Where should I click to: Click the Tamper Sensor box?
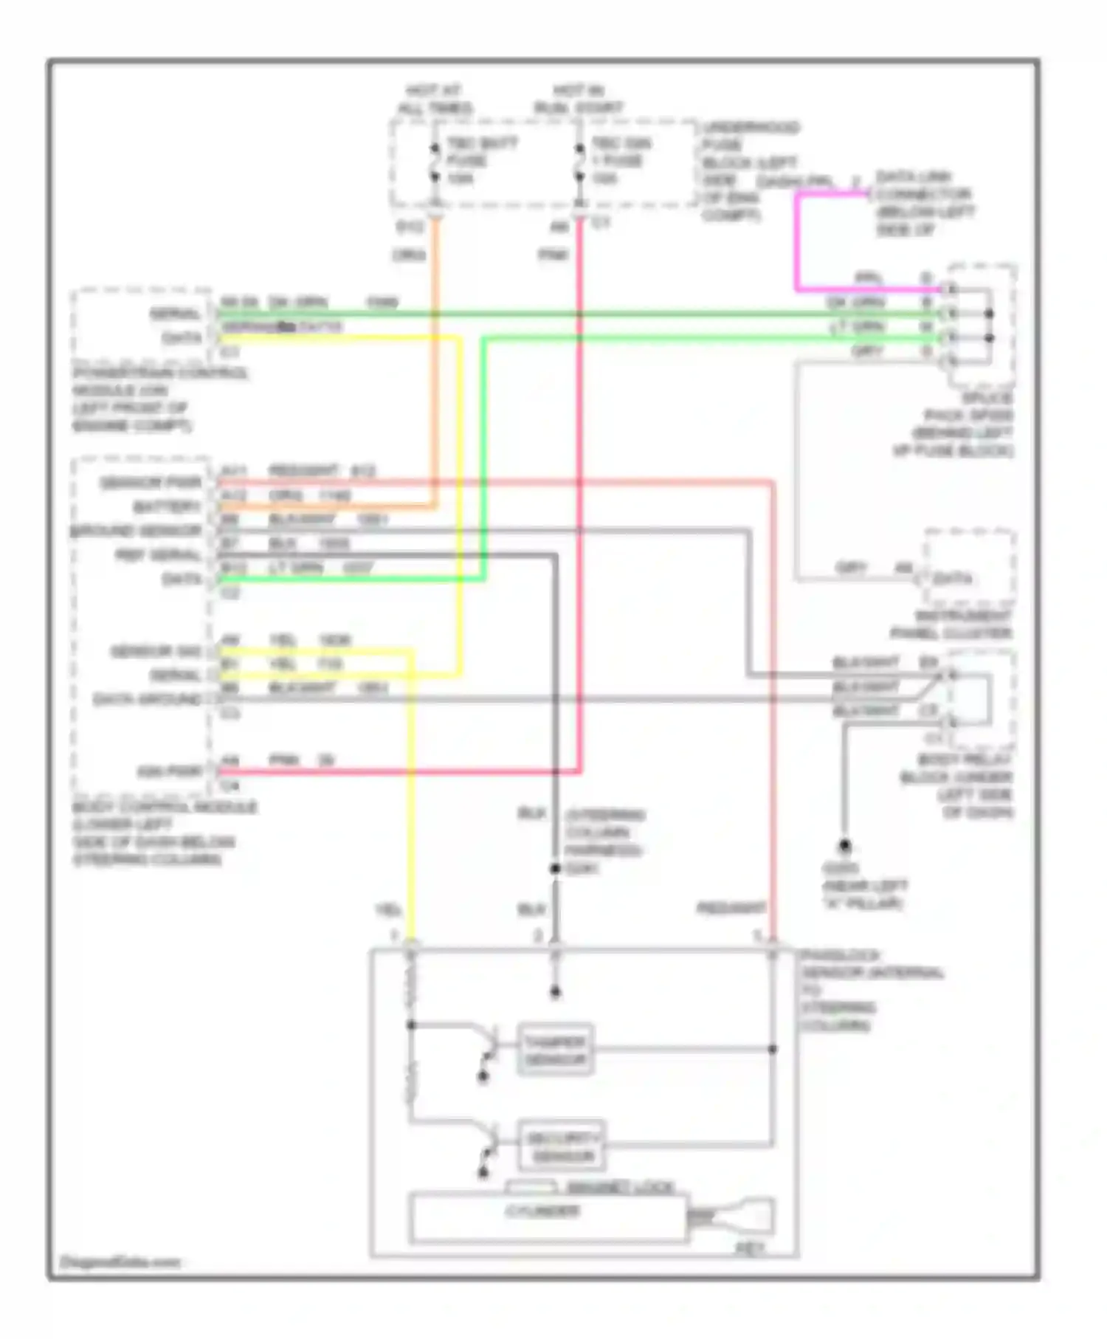(x=555, y=1050)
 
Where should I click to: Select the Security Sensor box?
(x=562, y=1146)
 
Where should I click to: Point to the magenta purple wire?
(x=797, y=244)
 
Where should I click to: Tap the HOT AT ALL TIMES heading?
(x=434, y=100)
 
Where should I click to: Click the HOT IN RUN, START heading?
(x=578, y=100)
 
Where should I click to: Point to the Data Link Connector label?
(x=924, y=203)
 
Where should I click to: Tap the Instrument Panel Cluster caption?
(x=952, y=624)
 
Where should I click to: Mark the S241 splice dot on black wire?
(x=555, y=869)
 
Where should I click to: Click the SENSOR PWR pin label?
(x=151, y=483)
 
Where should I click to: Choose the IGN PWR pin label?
(x=170, y=772)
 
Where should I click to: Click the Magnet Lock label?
(x=620, y=1187)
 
